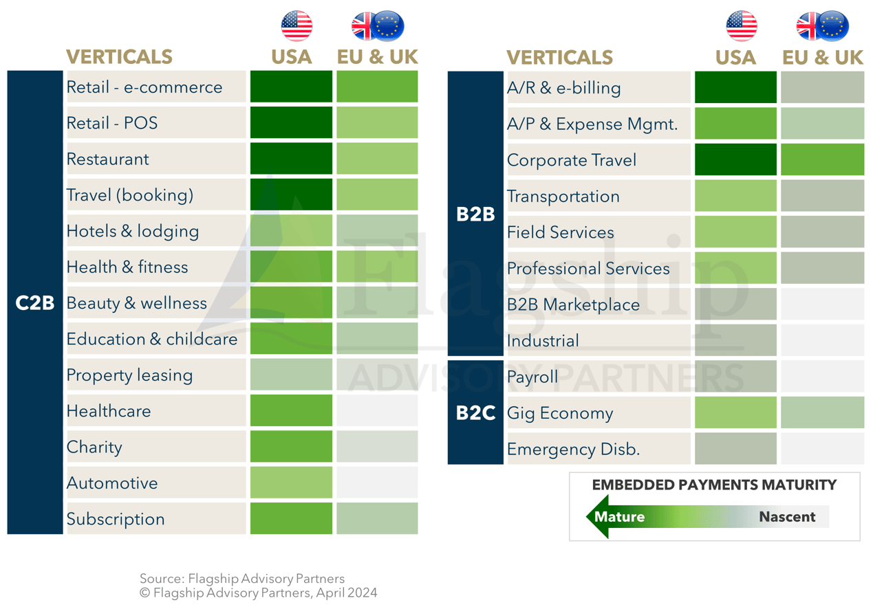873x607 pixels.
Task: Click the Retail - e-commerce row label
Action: [x=144, y=87]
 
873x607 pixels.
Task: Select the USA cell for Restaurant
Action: [x=291, y=159]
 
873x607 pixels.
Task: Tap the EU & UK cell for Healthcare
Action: [x=377, y=411]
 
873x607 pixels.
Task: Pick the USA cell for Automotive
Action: [x=291, y=483]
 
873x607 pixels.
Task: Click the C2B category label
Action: [x=34, y=302]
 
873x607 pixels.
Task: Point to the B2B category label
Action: [x=475, y=214]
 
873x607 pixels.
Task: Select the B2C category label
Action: [x=475, y=413]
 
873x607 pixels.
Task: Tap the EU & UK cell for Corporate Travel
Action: [x=822, y=160]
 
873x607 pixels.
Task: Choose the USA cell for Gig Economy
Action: [x=735, y=413]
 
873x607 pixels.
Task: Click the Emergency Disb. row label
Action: [x=573, y=450]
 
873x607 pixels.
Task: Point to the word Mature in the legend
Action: [x=619, y=517]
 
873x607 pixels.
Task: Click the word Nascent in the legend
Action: [x=787, y=517]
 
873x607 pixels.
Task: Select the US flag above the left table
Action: [x=297, y=26]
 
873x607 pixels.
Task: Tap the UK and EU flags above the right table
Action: [x=822, y=26]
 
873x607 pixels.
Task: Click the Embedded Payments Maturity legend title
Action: [x=714, y=485]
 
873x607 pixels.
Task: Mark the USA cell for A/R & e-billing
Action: [x=735, y=88]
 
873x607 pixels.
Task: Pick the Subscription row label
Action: [x=116, y=519]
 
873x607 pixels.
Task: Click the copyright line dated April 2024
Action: [x=259, y=593]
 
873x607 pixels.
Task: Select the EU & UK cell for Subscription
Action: [x=377, y=519]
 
